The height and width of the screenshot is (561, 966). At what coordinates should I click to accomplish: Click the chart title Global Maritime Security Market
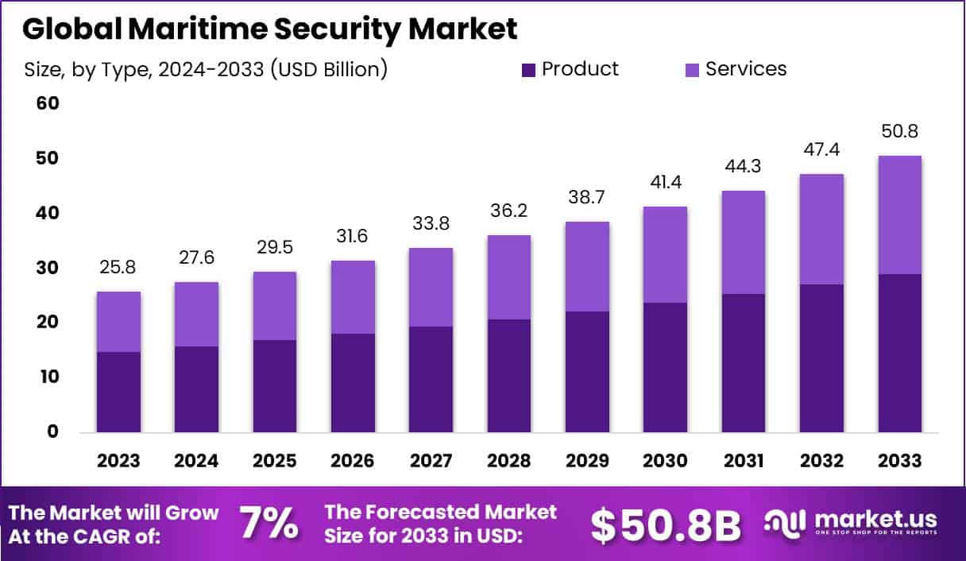tap(270, 29)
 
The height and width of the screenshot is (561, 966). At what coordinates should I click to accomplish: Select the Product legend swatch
tap(528, 70)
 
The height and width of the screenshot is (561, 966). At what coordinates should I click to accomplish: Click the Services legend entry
tap(735, 69)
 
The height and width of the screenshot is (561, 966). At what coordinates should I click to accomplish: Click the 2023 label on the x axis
tap(118, 462)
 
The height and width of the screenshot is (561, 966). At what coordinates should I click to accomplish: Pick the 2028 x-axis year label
tap(509, 462)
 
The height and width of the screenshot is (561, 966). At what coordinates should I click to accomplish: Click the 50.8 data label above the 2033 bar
tap(900, 131)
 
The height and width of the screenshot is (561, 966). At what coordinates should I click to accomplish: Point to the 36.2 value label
tap(509, 212)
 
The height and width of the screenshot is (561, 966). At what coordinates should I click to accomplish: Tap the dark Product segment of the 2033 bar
tap(900, 353)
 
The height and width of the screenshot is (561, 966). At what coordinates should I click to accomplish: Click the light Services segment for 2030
tap(666, 254)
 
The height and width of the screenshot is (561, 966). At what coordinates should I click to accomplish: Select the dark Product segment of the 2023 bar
tap(118, 392)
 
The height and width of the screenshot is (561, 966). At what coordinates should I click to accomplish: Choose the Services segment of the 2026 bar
tap(353, 297)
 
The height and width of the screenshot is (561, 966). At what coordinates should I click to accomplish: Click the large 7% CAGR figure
tap(269, 524)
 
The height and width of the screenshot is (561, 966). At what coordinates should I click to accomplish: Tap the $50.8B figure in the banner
tap(666, 524)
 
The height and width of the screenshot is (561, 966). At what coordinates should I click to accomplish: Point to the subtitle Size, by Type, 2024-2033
tap(206, 70)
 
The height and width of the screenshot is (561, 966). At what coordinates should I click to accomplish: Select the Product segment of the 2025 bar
tap(275, 386)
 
